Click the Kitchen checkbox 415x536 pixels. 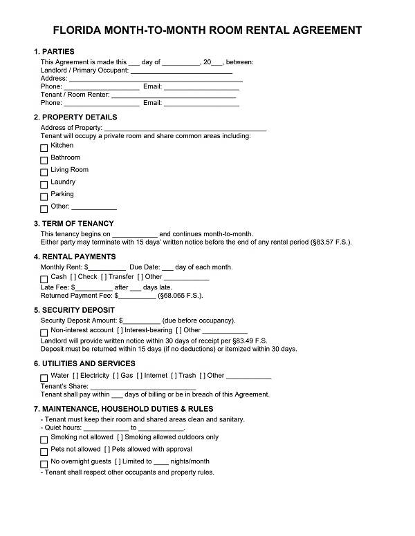[x=44, y=147]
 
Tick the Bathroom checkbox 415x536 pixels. [x=44, y=160]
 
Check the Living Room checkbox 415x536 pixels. [x=44, y=172]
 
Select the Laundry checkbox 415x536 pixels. [x=44, y=184]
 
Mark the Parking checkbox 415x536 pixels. [x=44, y=196]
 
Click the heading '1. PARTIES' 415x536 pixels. [x=54, y=52]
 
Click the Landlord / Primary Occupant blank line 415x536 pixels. [x=181, y=71]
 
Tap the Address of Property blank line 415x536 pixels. [x=185, y=128]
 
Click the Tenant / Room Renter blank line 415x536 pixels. [x=174, y=95]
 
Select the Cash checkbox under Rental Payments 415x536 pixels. [x=44, y=278]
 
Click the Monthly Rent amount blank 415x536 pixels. [x=107, y=268]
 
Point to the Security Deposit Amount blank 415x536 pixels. [x=142, y=321]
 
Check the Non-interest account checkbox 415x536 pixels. [x=44, y=332]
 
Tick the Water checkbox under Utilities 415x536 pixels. [x=44, y=378]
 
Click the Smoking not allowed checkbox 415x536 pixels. [x=44, y=439]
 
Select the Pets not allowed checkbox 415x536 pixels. [x=44, y=451]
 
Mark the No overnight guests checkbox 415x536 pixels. [x=44, y=463]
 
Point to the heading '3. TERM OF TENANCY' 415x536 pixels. [x=74, y=224]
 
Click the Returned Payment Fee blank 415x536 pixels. [x=138, y=296]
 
